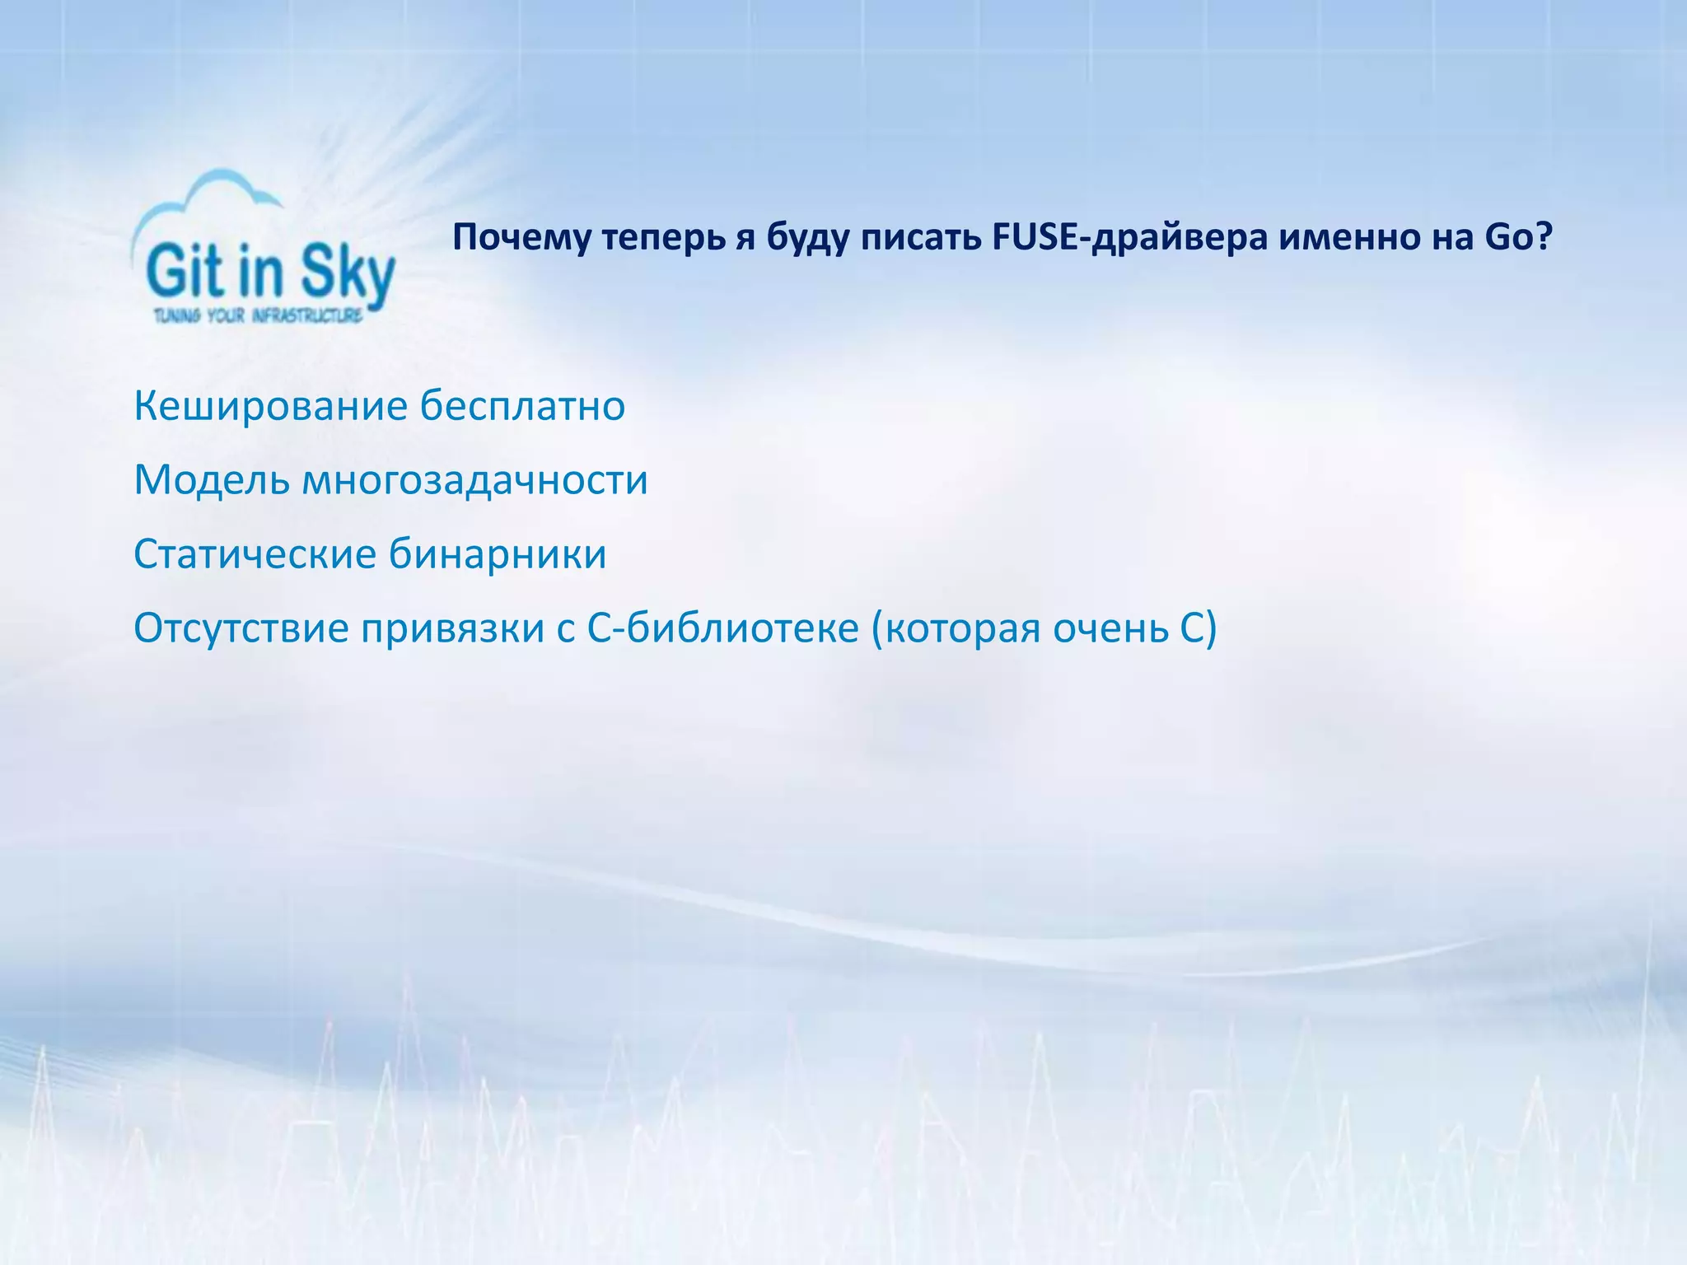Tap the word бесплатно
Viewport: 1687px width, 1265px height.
tap(522, 406)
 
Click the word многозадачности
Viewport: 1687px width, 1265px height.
tap(475, 480)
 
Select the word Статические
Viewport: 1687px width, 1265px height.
tap(255, 554)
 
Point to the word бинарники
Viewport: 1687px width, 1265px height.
tap(498, 554)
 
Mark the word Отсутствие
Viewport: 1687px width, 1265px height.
tap(241, 628)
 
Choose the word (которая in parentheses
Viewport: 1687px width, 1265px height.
tap(955, 628)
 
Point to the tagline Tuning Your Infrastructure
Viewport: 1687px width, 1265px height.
tap(258, 315)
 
